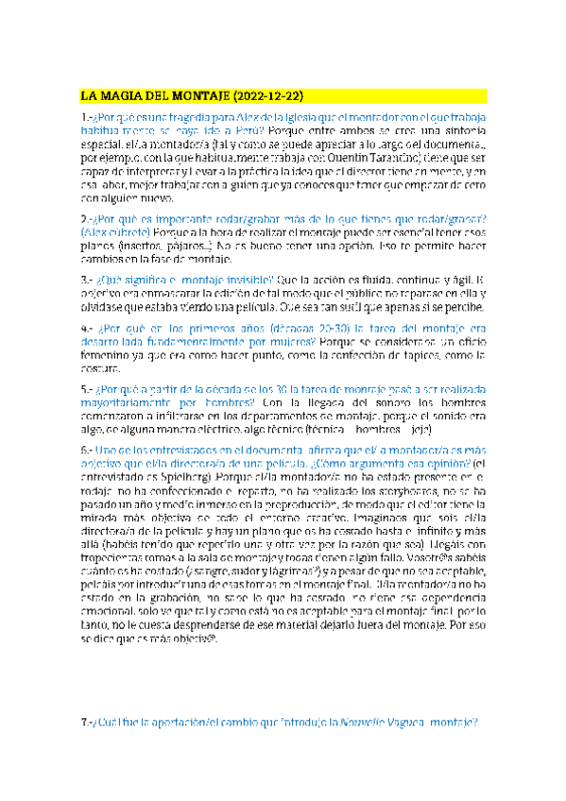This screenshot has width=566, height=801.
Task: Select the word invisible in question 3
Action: (x=249, y=280)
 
